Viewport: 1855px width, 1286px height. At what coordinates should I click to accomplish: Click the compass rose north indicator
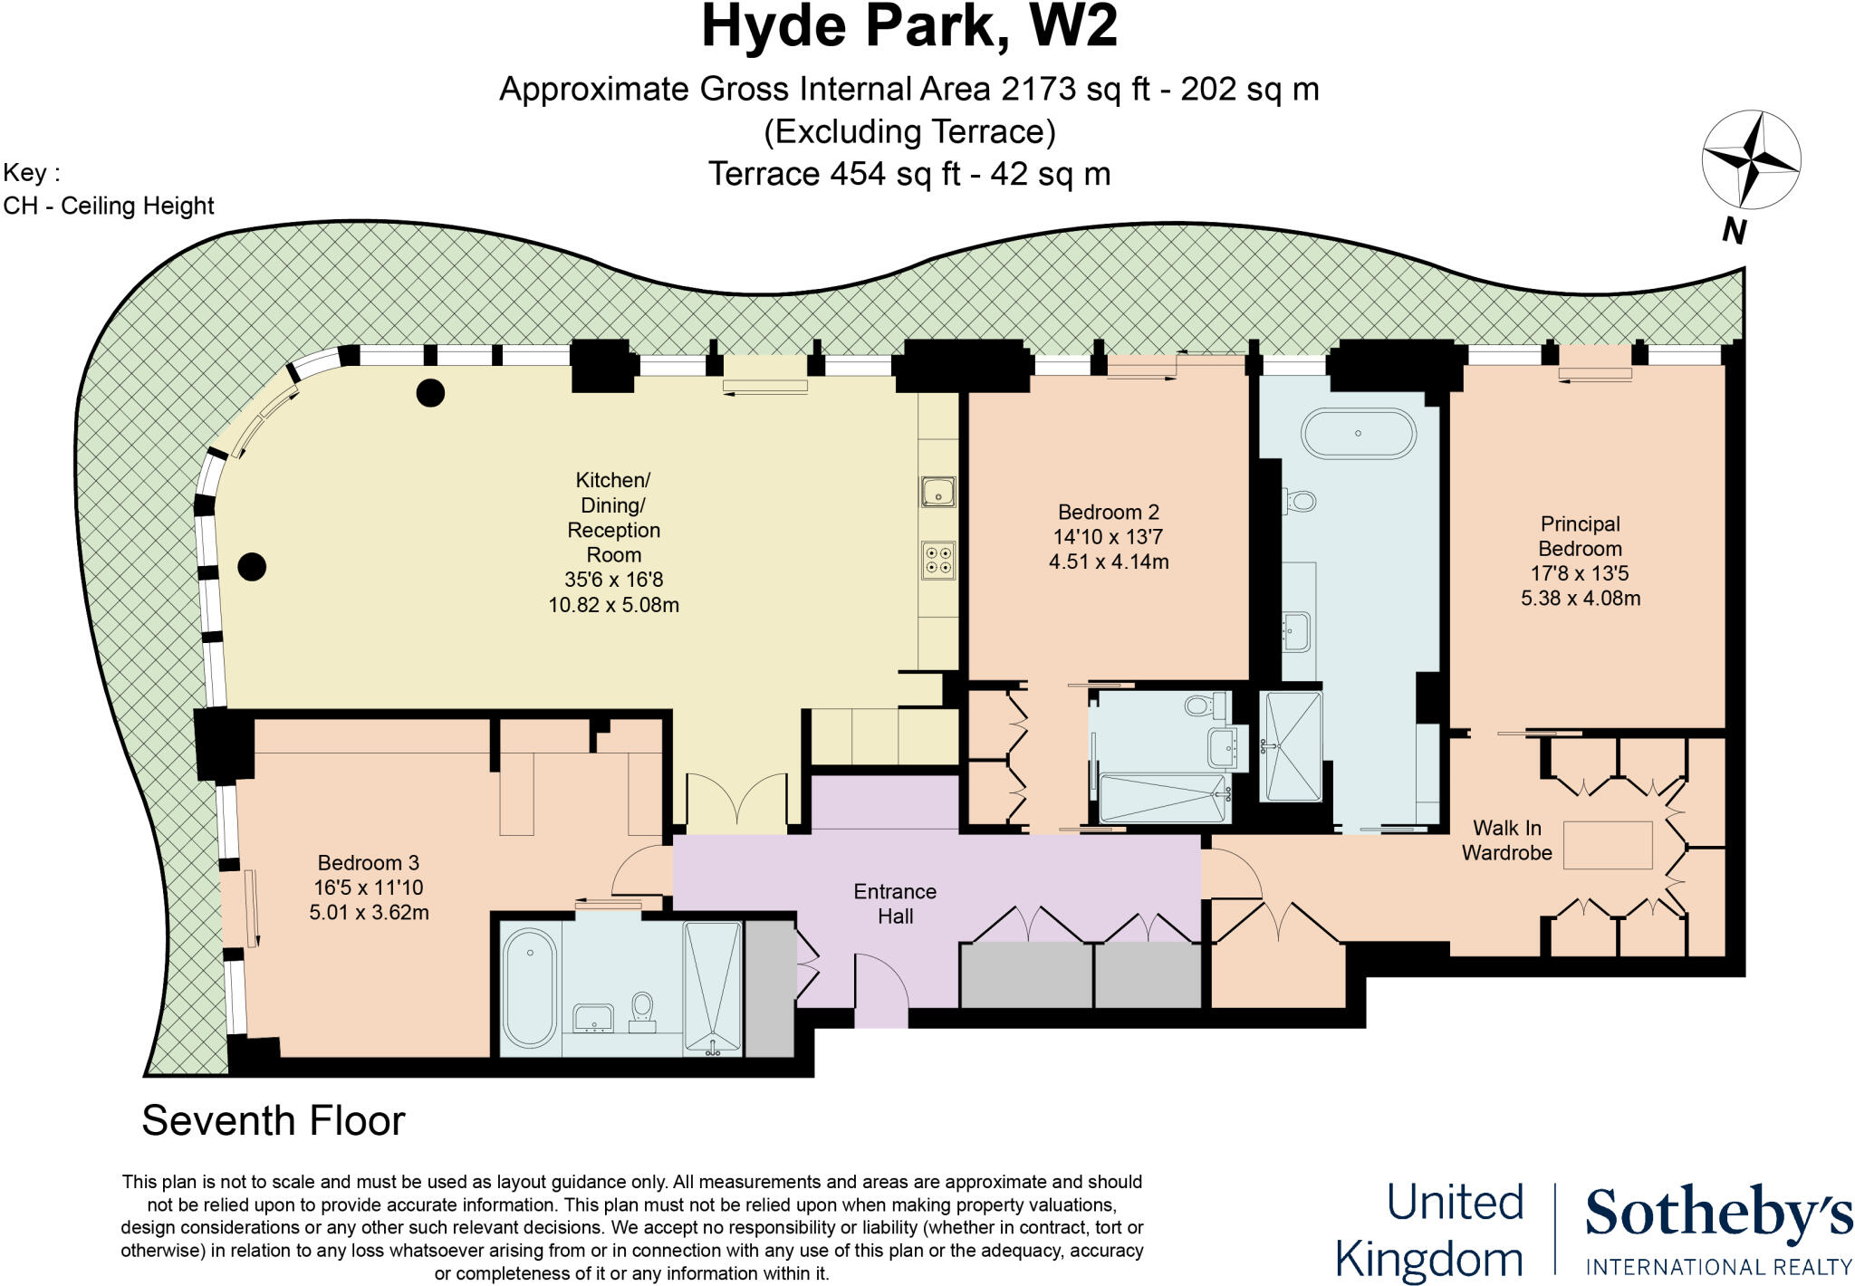pyautogui.click(x=1750, y=161)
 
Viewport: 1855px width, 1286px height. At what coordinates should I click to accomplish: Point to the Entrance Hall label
pyautogui.click(x=895, y=903)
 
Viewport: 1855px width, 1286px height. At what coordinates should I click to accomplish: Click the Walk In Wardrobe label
pyautogui.click(x=1506, y=840)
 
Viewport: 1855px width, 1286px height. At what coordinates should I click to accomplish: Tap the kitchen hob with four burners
pyautogui.click(x=938, y=559)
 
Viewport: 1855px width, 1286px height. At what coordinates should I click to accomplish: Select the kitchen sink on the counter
pyautogui.click(x=937, y=492)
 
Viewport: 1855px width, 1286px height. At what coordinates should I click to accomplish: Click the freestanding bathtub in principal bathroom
pyautogui.click(x=1358, y=434)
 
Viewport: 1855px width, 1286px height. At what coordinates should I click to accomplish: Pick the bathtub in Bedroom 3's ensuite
pyautogui.click(x=530, y=986)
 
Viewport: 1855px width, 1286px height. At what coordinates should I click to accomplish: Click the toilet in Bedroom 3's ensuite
pyautogui.click(x=642, y=1008)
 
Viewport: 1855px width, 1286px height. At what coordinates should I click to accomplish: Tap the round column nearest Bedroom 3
pyautogui.click(x=252, y=567)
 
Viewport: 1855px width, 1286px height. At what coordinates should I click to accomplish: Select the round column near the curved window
pyautogui.click(x=430, y=392)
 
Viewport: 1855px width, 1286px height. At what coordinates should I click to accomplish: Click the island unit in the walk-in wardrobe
pyautogui.click(x=1608, y=845)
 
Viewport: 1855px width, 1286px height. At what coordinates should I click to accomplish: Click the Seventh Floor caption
pyautogui.click(x=273, y=1120)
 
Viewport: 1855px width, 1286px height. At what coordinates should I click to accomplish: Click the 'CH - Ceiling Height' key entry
pyautogui.click(x=109, y=206)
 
